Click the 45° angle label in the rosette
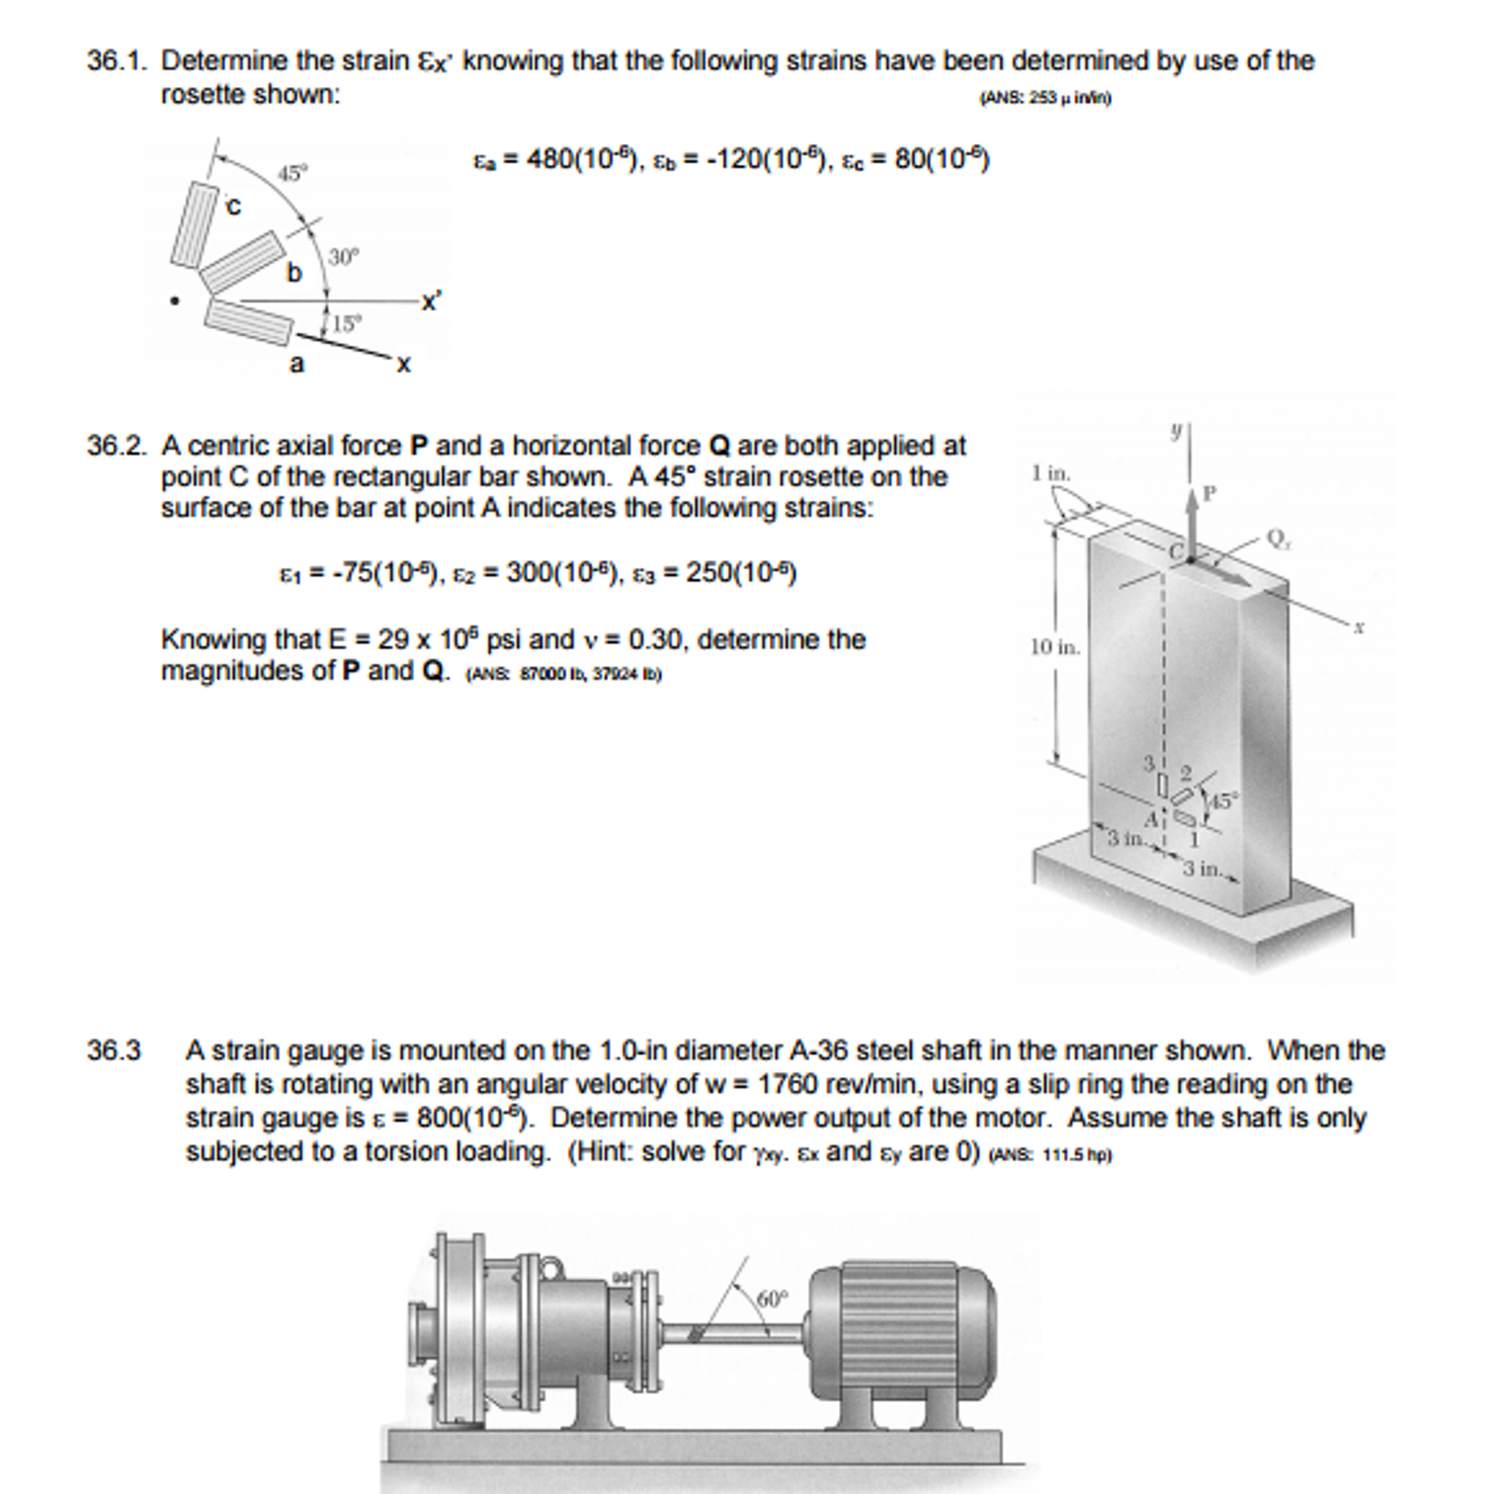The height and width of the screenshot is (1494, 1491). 292,173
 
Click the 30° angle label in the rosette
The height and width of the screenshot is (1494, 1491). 343,257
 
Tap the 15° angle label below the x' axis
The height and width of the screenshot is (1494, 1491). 345,323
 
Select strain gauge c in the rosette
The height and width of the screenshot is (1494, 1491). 194,225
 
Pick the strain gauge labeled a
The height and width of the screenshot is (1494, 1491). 249,321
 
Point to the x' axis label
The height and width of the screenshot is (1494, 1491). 431,302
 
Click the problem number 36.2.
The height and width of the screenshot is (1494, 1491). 116,446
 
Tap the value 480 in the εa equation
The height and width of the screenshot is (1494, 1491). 551,159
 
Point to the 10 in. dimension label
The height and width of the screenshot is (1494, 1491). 1054,646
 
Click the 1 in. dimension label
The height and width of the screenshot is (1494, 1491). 1051,472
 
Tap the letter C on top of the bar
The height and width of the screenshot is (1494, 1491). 1175,551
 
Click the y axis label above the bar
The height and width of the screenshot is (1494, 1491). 1176,432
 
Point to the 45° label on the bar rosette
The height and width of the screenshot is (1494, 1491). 1222,800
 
